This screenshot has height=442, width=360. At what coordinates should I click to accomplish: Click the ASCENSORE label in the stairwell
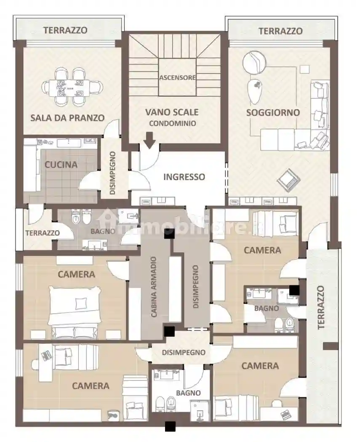(177, 77)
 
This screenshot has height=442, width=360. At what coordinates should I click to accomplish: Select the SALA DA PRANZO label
(67, 117)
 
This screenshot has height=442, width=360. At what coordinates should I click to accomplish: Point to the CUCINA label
(61, 165)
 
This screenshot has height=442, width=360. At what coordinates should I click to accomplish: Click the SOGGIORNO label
(273, 112)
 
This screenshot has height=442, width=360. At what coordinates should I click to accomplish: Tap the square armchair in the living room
(289, 180)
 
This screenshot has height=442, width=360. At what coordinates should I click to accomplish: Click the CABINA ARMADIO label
(154, 287)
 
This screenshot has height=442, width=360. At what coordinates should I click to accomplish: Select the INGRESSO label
(184, 177)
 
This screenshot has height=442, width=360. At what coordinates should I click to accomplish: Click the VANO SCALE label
(172, 112)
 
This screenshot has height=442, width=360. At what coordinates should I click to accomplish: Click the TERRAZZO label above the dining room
(65, 30)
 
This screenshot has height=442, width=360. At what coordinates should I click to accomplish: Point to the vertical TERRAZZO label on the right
(321, 308)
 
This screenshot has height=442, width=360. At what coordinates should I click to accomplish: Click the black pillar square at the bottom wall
(170, 426)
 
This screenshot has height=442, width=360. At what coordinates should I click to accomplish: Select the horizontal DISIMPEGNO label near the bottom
(184, 352)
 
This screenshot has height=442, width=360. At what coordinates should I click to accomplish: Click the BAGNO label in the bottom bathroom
(188, 393)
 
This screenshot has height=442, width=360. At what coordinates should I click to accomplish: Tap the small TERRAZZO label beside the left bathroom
(43, 233)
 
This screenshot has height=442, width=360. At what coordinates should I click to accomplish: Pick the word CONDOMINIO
(173, 123)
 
